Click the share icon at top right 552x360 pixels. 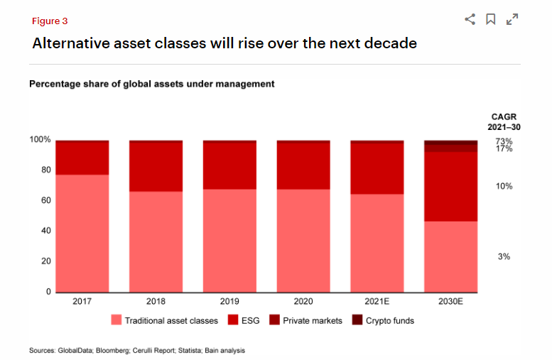[x=470, y=20]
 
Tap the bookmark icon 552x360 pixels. [x=490, y=20]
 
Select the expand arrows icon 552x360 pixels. [x=512, y=20]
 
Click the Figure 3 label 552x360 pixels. [x=50, y=21]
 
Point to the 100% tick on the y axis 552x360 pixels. [x=40, y=140]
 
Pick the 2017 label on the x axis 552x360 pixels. [x=82, y=302]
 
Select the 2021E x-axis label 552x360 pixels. [x=377, y=302]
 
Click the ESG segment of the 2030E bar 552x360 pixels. [x=450, y=186]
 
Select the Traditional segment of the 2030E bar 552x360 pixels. [x=450, y=256]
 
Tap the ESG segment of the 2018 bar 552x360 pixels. [x=156, y=167]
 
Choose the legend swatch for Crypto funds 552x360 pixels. [x=357, y=320]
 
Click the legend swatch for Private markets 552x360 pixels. [x=274, y=320]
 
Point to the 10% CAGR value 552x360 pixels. [x=504, y=186]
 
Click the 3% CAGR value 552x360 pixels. [x=504, y=256]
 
